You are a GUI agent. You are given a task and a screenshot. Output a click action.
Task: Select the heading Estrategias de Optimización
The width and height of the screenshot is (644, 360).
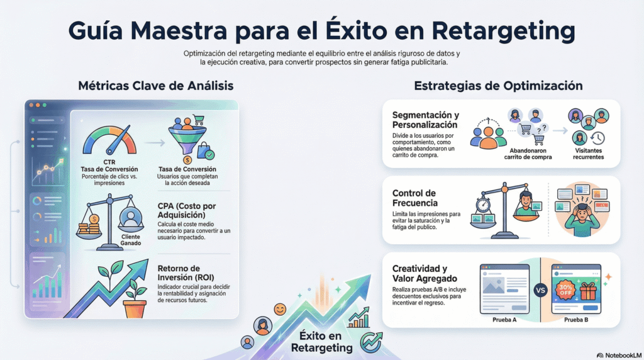pyautogui.click(x=497, y=86)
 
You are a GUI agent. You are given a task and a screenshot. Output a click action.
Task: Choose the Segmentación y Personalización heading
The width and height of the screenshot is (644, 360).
pyautogui.click(x=425, y=120)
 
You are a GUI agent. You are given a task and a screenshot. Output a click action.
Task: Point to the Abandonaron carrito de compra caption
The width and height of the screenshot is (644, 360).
pyautogui.click(x=529, y=154)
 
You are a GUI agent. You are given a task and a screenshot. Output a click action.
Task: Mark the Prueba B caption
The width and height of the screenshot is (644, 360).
pyautogui.click(x=575, y=320)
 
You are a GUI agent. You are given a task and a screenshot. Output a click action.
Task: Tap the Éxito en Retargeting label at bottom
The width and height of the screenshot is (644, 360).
pyautogui.click(x=321, y=342)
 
